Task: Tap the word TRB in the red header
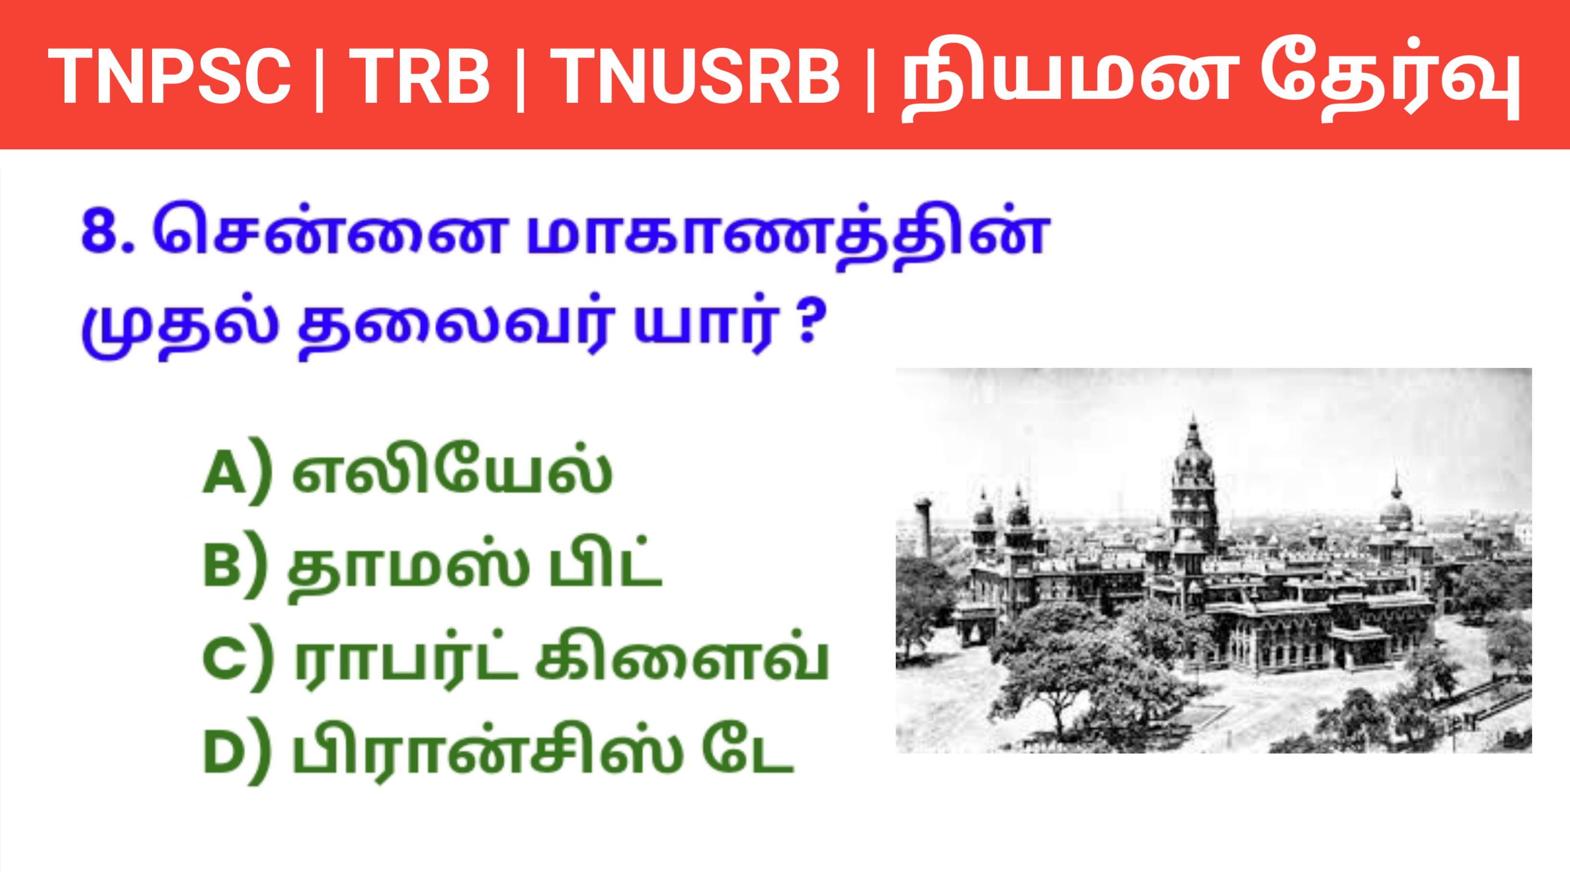click(419, 77)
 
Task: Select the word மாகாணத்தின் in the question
click(787, 235)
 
